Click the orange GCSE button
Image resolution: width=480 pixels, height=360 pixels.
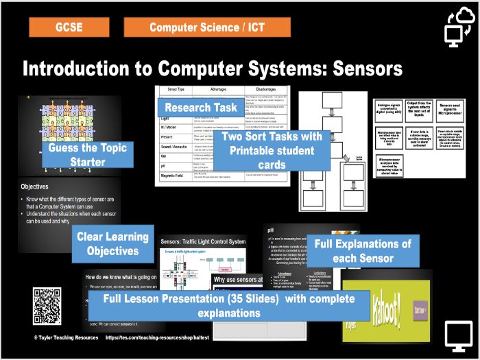coord(69,27)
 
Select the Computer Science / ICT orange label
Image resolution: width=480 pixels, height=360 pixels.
coord(207,27)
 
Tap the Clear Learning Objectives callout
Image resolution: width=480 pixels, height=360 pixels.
coord(112,243)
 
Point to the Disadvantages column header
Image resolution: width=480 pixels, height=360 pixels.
coord(261,90)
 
